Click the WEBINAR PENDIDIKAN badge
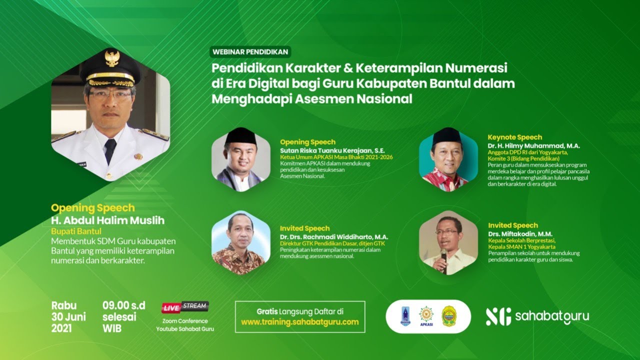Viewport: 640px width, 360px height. [250, 51]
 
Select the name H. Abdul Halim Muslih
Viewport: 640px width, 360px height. [107, 220]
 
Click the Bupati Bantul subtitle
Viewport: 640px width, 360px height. [76, 231]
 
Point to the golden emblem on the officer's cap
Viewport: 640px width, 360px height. [111, 58]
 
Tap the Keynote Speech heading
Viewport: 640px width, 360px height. [515, 137]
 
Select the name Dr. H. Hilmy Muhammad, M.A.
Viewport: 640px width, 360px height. [533, 145]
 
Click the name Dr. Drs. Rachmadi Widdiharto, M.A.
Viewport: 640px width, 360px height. [334, 237]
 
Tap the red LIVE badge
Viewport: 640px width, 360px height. [171, 306]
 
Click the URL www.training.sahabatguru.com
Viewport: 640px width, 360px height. [300, 322]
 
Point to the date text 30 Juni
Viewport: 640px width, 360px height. [68, 317]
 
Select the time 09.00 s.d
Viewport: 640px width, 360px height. [123, 305]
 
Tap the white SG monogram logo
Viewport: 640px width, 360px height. [498, 316]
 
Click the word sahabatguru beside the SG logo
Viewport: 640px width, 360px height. [551, 316]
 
